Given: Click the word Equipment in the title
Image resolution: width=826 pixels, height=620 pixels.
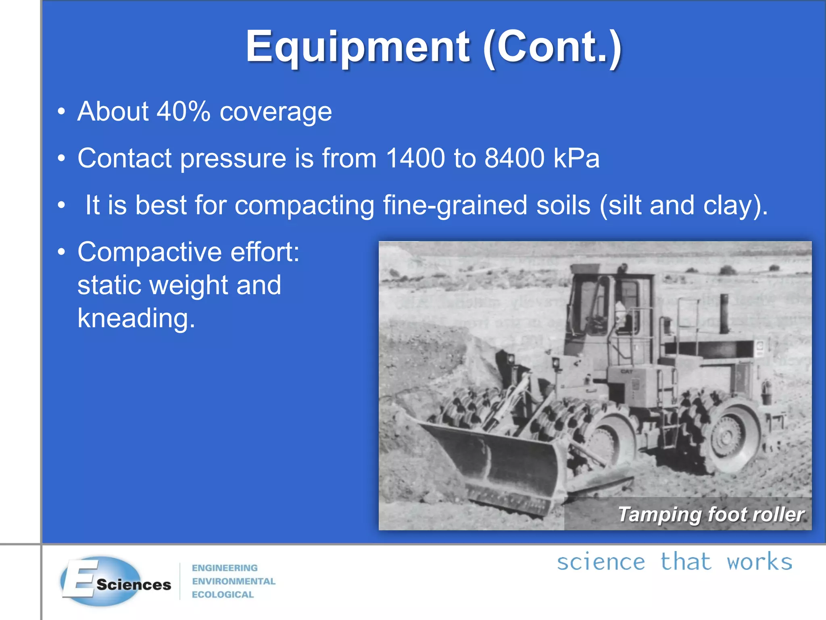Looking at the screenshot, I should click(x=357, y=47).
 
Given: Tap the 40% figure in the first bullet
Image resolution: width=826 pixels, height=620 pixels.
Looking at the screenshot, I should click(x=184, y=111).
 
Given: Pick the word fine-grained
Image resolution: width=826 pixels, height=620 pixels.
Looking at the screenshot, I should click(x=455, y=205).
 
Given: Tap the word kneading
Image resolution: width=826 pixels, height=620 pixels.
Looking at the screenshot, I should click(x=136, y=318).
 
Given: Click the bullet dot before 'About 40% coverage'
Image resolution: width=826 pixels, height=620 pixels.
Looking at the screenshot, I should click(x=61, y=112).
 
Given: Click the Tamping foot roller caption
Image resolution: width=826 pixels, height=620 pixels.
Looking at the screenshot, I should click(x=711, y=514).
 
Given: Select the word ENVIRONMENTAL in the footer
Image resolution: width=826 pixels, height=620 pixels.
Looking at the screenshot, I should click(x=234, y=581).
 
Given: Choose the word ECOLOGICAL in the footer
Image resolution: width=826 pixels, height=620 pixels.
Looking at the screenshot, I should click(x=223, y=595).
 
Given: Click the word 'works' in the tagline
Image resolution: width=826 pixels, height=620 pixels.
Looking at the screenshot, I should click(x=759, y=562).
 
